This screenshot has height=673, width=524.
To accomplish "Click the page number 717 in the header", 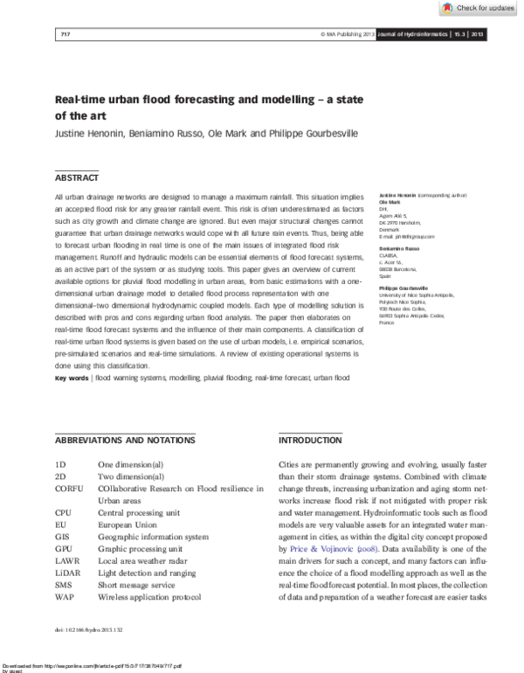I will [x=65, y=34].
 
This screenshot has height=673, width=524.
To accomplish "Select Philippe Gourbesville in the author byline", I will [x=310, y=133].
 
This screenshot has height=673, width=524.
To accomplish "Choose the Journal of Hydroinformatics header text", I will [x=411, y=34].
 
